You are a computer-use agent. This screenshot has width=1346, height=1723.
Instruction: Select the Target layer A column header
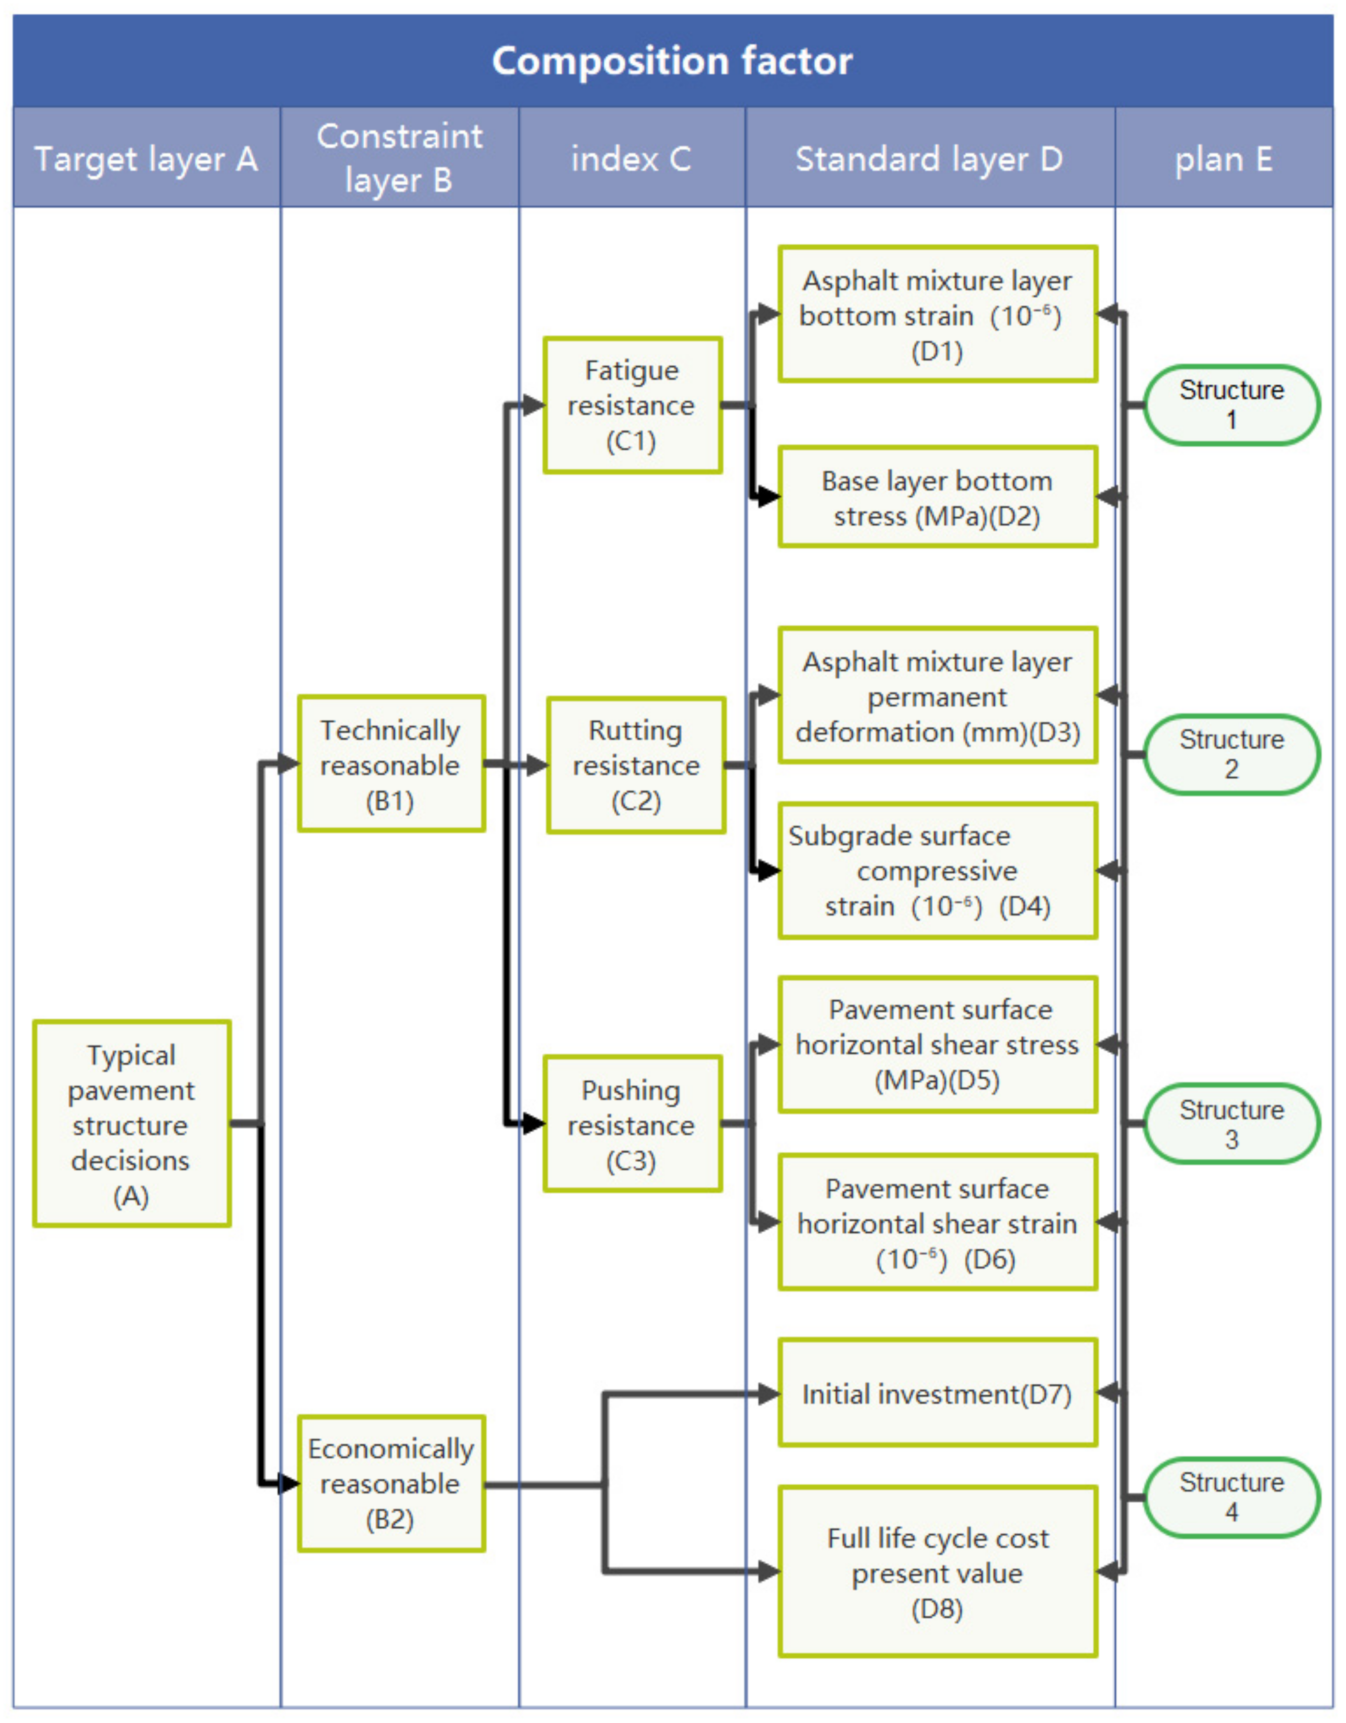147,158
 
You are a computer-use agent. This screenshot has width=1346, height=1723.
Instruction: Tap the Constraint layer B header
399,158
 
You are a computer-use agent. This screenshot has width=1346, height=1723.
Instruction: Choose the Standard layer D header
929,158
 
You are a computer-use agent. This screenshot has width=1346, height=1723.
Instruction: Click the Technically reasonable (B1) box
391,763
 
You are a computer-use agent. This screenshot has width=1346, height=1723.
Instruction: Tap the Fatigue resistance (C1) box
632,405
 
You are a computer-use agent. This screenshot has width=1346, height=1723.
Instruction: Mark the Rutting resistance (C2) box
635,765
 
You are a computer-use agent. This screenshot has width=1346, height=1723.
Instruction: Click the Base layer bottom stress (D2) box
938,497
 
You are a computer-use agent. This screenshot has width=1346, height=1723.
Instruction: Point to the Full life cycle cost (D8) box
938,1572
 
